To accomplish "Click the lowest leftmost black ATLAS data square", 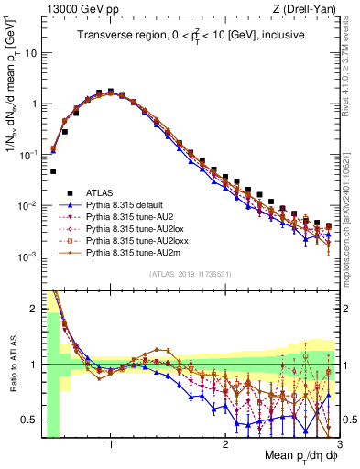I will [54, 171].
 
